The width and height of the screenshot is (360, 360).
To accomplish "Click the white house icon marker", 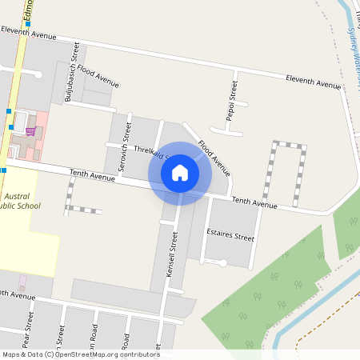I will click(x=180, y=172).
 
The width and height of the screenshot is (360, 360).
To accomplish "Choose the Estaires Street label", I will click(x=230, y=238).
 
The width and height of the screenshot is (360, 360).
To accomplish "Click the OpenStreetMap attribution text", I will click(x=81, y=354).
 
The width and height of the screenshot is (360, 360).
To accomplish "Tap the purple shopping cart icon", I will click(x=30, y=131).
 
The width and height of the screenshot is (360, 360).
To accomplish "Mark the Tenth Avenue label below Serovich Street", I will click(x=93, y=174).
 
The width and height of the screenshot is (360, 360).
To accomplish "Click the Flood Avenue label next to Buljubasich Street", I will click(x=98, y=77).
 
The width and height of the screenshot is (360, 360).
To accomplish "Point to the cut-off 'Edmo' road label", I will click(x=28, y=9).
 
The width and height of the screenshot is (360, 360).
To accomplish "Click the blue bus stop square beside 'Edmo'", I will click(x=27, y=24).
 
